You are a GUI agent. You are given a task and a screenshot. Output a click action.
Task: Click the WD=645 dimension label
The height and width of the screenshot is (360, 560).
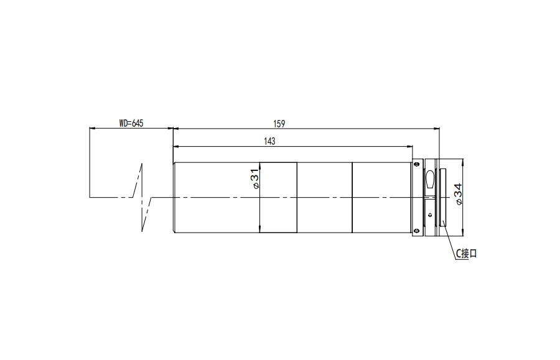pyautogui.click(x=131, y=124)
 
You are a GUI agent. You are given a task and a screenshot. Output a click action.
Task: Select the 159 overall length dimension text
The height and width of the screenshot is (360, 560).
pyautogui.click(x=279, y=124)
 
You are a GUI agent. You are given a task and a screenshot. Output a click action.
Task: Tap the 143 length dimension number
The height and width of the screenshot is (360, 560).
pyautogui.click(x=269, y=141)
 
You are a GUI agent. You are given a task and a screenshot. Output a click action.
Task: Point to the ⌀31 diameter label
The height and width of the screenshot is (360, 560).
pyautogui.click(x=255, y=180)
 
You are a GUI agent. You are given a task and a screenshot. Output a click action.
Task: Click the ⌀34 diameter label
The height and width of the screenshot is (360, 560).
pyautogui.click(x=458, y=194)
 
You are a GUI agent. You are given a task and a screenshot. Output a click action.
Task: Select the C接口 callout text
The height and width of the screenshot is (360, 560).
pyautogui.click(x=466, y=254)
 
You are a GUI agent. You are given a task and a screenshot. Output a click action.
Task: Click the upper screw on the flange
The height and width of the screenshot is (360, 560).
pyautogui.click(x=416, y=164)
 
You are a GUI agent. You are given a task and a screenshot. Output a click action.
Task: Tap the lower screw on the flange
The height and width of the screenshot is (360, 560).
pyautogui.click(x=416, y=231)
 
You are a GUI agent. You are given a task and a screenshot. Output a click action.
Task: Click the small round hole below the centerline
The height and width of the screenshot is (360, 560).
pyautogui.click(x=429, y=215)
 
